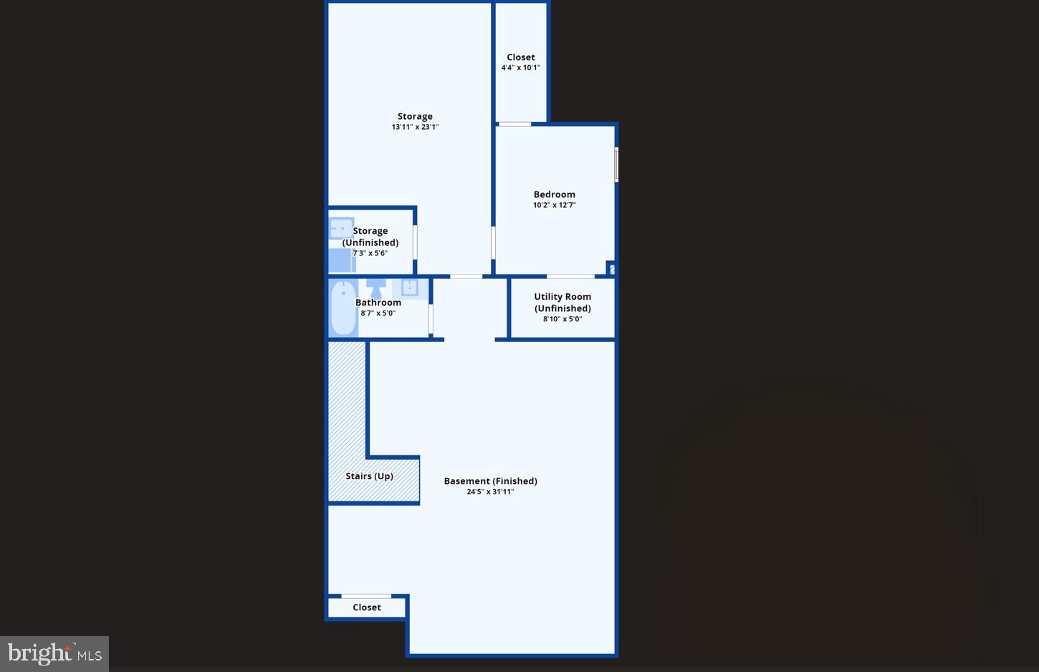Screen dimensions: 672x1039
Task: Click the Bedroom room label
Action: (554, 194)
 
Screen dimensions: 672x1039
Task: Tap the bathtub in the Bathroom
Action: (343, 308)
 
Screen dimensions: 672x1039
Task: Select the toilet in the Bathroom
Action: (375, 288)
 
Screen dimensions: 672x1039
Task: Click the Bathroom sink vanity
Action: (410, 288)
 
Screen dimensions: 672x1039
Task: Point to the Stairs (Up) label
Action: (369, 476)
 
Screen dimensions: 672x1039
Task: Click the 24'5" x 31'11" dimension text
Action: (490, 492)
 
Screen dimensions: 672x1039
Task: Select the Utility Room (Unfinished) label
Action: (562, 302)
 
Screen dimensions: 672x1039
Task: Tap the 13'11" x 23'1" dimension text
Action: (415, 127)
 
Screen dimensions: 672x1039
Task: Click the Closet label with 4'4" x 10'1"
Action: (521, 57)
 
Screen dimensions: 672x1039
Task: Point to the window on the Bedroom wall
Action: (616, 164)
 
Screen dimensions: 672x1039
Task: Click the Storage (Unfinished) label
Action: (370, 237)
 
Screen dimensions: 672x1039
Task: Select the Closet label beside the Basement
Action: (367, 607)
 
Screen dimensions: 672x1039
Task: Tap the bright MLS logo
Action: (54, 653)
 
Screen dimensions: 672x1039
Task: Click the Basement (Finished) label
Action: (490, 481)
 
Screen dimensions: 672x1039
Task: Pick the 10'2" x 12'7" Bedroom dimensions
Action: (554, 205)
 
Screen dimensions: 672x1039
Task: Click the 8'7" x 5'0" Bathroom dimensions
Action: (378, 313)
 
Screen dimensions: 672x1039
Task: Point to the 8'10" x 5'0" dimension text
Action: (562, 319)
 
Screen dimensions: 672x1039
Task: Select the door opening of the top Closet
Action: (514, 125)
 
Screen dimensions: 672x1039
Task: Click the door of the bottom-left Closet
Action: (366, 596)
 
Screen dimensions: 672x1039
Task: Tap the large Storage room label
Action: (415, 116)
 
